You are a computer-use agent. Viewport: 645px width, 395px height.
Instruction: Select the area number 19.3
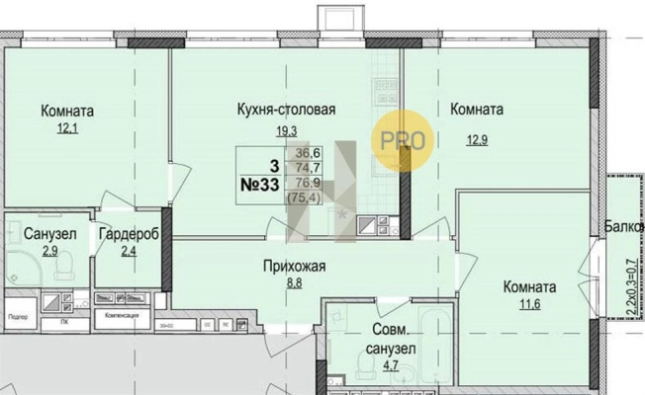[288, 129]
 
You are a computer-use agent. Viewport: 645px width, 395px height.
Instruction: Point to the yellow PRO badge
[403, 142]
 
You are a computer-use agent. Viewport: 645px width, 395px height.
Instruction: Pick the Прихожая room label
[294, 265]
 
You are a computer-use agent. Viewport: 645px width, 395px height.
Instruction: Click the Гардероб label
[129, 235]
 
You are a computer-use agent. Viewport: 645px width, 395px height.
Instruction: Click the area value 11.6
[528, 306]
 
